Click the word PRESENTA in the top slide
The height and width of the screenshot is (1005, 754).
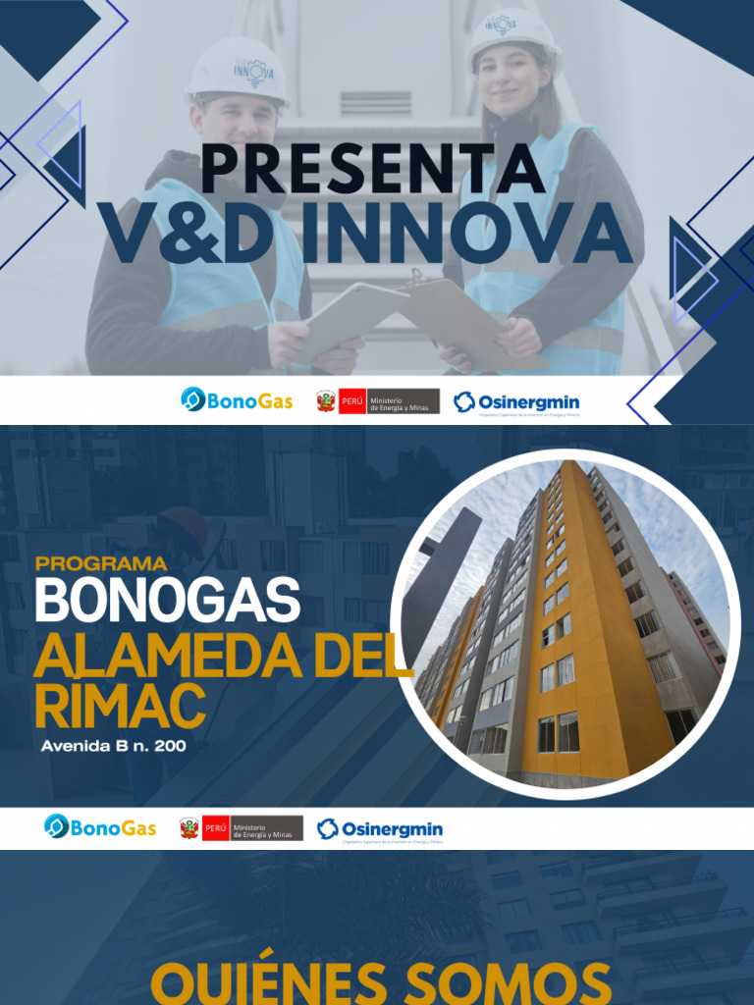[x=373, y=169]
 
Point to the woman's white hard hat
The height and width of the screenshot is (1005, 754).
[x=512, y=37]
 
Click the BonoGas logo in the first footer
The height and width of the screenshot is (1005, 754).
[x=237, y=400]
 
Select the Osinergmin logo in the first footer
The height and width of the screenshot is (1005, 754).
[x=516, y=402]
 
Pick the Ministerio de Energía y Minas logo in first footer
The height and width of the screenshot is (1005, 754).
[x=378, y=400]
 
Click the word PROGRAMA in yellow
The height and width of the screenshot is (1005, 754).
[x=101, y=564]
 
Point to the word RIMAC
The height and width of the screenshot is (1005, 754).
[x=119, y=706]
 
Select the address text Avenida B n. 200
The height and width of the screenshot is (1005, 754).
[x=113, y=746]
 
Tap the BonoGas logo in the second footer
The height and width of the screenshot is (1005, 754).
[x=100, y=827]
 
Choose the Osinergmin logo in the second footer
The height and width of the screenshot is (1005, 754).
[x=380, y=829]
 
